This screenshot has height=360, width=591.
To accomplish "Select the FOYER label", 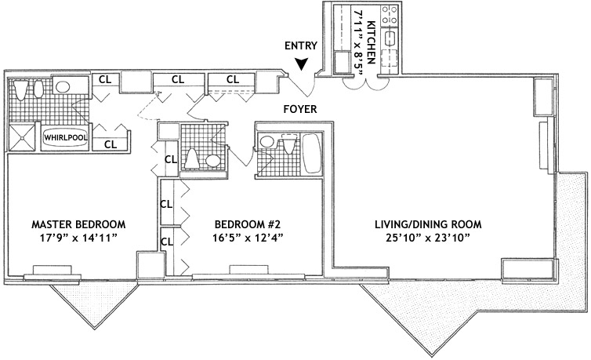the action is [301, 110].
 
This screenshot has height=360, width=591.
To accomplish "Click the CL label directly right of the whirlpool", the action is [111, 144].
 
